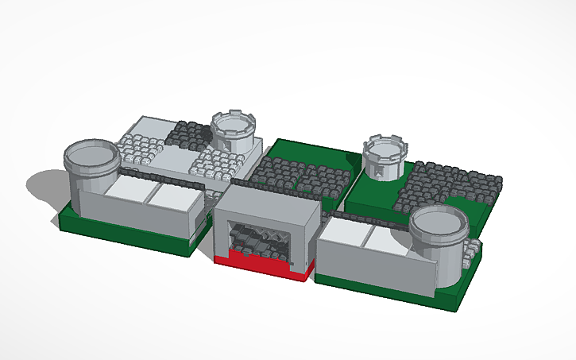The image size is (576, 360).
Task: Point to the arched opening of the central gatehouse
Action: point(259,239)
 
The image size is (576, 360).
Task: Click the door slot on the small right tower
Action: point(381,172)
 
